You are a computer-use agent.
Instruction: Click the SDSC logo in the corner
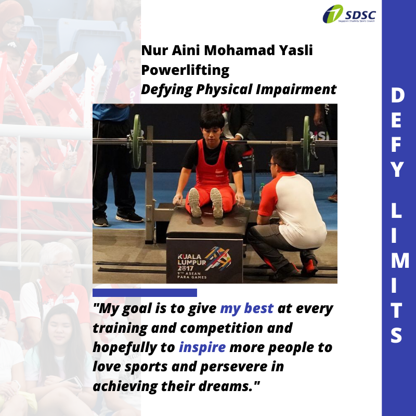tap(349, 14)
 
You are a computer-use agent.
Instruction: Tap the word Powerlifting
tap(185, 70)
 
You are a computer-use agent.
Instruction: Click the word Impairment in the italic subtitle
tap(296, 89)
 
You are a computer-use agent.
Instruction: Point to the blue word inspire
tap(202, 347)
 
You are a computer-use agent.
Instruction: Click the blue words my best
tap(246, 308)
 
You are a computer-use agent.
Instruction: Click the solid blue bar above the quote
tap(145, 293)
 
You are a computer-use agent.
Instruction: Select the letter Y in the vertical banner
tap(397, 170)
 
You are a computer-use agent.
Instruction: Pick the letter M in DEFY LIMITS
tap(399, 261)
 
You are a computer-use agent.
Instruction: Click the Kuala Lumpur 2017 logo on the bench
tap(204, 263)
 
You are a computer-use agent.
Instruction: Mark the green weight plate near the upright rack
tap(137, 141)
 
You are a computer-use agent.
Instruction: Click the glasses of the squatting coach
tap(272, 164)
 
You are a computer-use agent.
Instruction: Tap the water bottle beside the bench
tap(261, 191)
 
